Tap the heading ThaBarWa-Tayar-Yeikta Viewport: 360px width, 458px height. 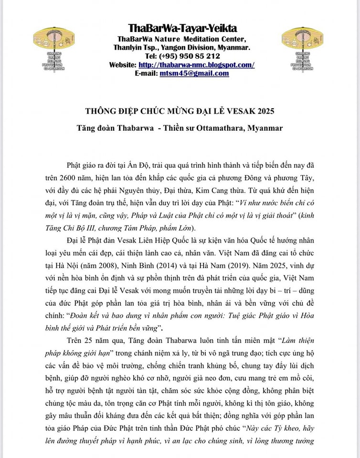[182, 28]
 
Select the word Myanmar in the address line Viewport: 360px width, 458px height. [232, 48]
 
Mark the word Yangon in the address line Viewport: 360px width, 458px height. [178, 48]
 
